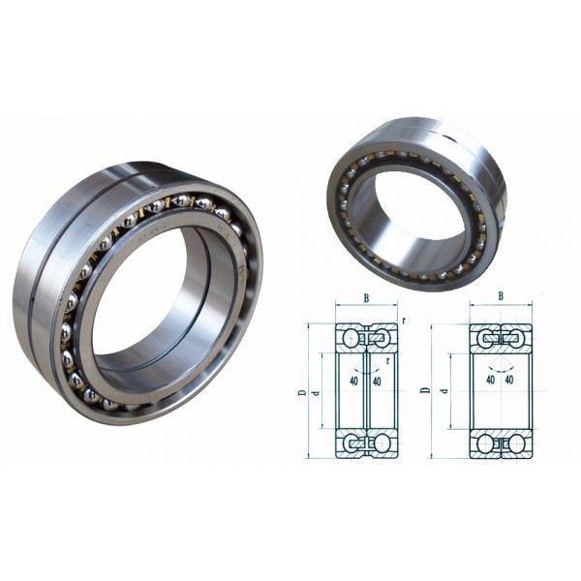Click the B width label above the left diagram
pyautogui.click(x=366, y=299)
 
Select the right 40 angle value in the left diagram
pyautogui.click(x=379, y=381)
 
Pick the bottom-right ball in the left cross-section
pyautogui.click(x=384, y=443)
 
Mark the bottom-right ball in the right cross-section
pyautogui.click(x=518, y=443)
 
